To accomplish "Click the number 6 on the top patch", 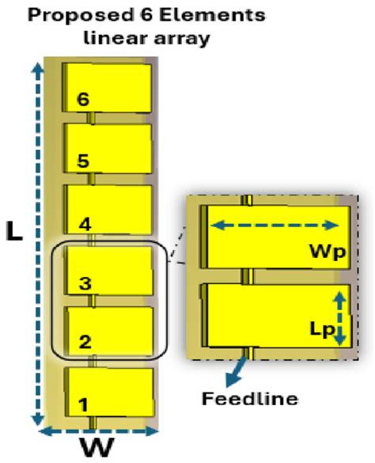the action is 83,99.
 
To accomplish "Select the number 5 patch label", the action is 83,161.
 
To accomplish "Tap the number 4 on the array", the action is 85,225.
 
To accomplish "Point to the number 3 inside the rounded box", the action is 85,283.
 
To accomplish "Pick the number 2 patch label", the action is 85,342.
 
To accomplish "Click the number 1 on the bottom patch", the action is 84,405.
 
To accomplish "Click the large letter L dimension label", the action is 15,231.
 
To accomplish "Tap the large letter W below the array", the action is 97,448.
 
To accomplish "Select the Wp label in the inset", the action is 328,252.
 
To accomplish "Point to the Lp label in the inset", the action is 323,329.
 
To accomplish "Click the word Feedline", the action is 250,399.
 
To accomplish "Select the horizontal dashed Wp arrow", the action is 275,226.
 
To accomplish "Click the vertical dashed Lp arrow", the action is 340,318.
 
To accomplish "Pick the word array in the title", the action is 182,39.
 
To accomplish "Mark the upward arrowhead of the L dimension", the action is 37,69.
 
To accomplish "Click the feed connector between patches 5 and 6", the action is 91,118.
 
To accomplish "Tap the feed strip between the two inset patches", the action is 247,276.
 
